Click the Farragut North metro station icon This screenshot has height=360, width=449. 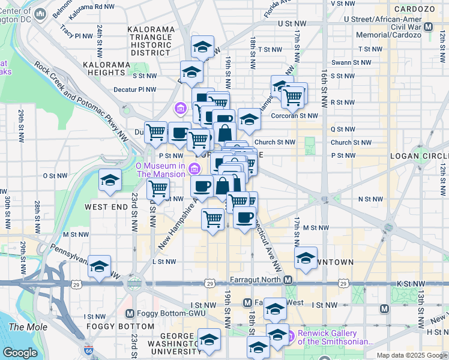pos(288,280)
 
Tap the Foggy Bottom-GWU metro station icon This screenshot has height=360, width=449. pos(130,313)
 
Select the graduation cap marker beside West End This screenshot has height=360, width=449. pos(110,181)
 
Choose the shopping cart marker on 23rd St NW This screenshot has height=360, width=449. pos(157,188)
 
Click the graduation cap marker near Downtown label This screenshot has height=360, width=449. pos(306,258)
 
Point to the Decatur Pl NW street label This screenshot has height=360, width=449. pos(135,89)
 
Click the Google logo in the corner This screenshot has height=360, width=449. pos(20,353)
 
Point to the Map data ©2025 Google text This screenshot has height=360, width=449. pos(411,355)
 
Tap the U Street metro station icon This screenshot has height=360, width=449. pos(429,27)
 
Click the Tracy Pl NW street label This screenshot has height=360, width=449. pos(74,35)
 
